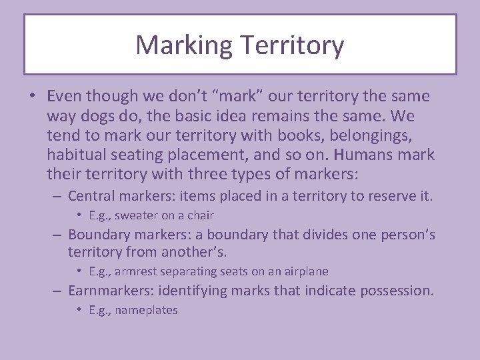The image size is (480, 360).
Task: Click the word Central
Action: (x=93, y=196)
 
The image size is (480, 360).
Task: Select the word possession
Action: (x=397, y=291)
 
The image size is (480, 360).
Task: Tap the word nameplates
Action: (x=147, y=310)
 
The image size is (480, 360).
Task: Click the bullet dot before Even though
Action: (x=32, y=97)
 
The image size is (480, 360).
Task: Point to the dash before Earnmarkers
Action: (x=58, y=291)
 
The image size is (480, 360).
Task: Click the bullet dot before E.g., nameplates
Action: (x=79, y=310)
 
